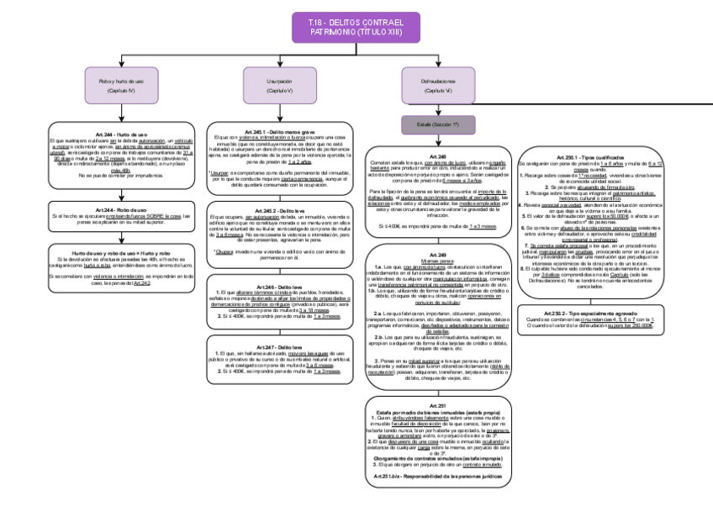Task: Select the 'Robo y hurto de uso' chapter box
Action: coord(122,85)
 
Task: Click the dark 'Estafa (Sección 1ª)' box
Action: coord(437,124)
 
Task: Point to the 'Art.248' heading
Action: coord(437,156)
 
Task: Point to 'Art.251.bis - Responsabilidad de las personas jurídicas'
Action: coord(437,476)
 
